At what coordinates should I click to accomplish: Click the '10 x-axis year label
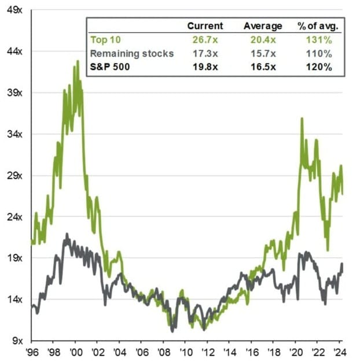tap(185, 351)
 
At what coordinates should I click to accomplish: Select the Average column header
tap(263, 26)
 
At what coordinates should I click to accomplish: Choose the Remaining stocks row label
tap(131, 53)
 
